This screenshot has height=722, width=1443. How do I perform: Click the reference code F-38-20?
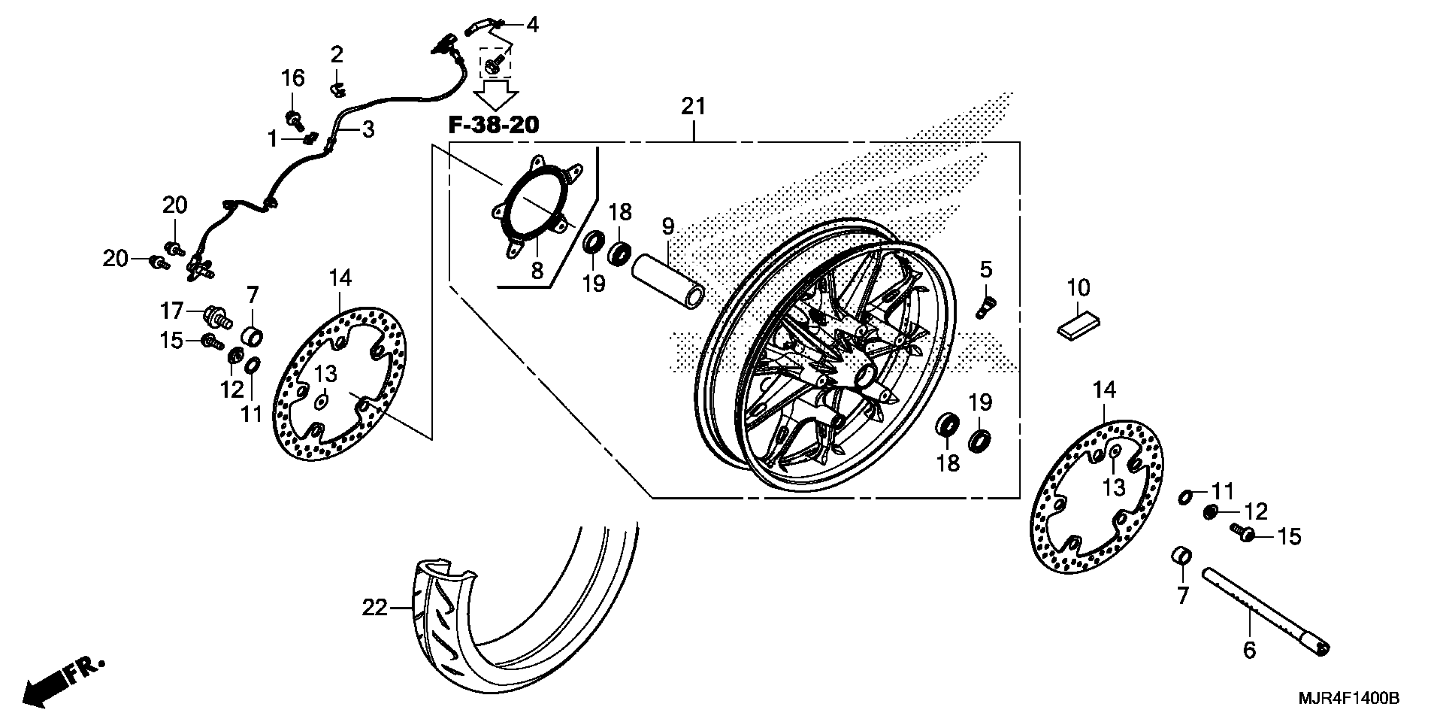(494, 125)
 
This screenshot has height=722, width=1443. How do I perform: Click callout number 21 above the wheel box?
(693, 106)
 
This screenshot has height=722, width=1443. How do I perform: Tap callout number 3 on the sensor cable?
(368, 130)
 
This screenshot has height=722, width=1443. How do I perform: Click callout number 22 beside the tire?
(374, 607)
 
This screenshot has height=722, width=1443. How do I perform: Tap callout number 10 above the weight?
(1078, 288)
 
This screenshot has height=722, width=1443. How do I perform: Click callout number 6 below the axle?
(1250, 650)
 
